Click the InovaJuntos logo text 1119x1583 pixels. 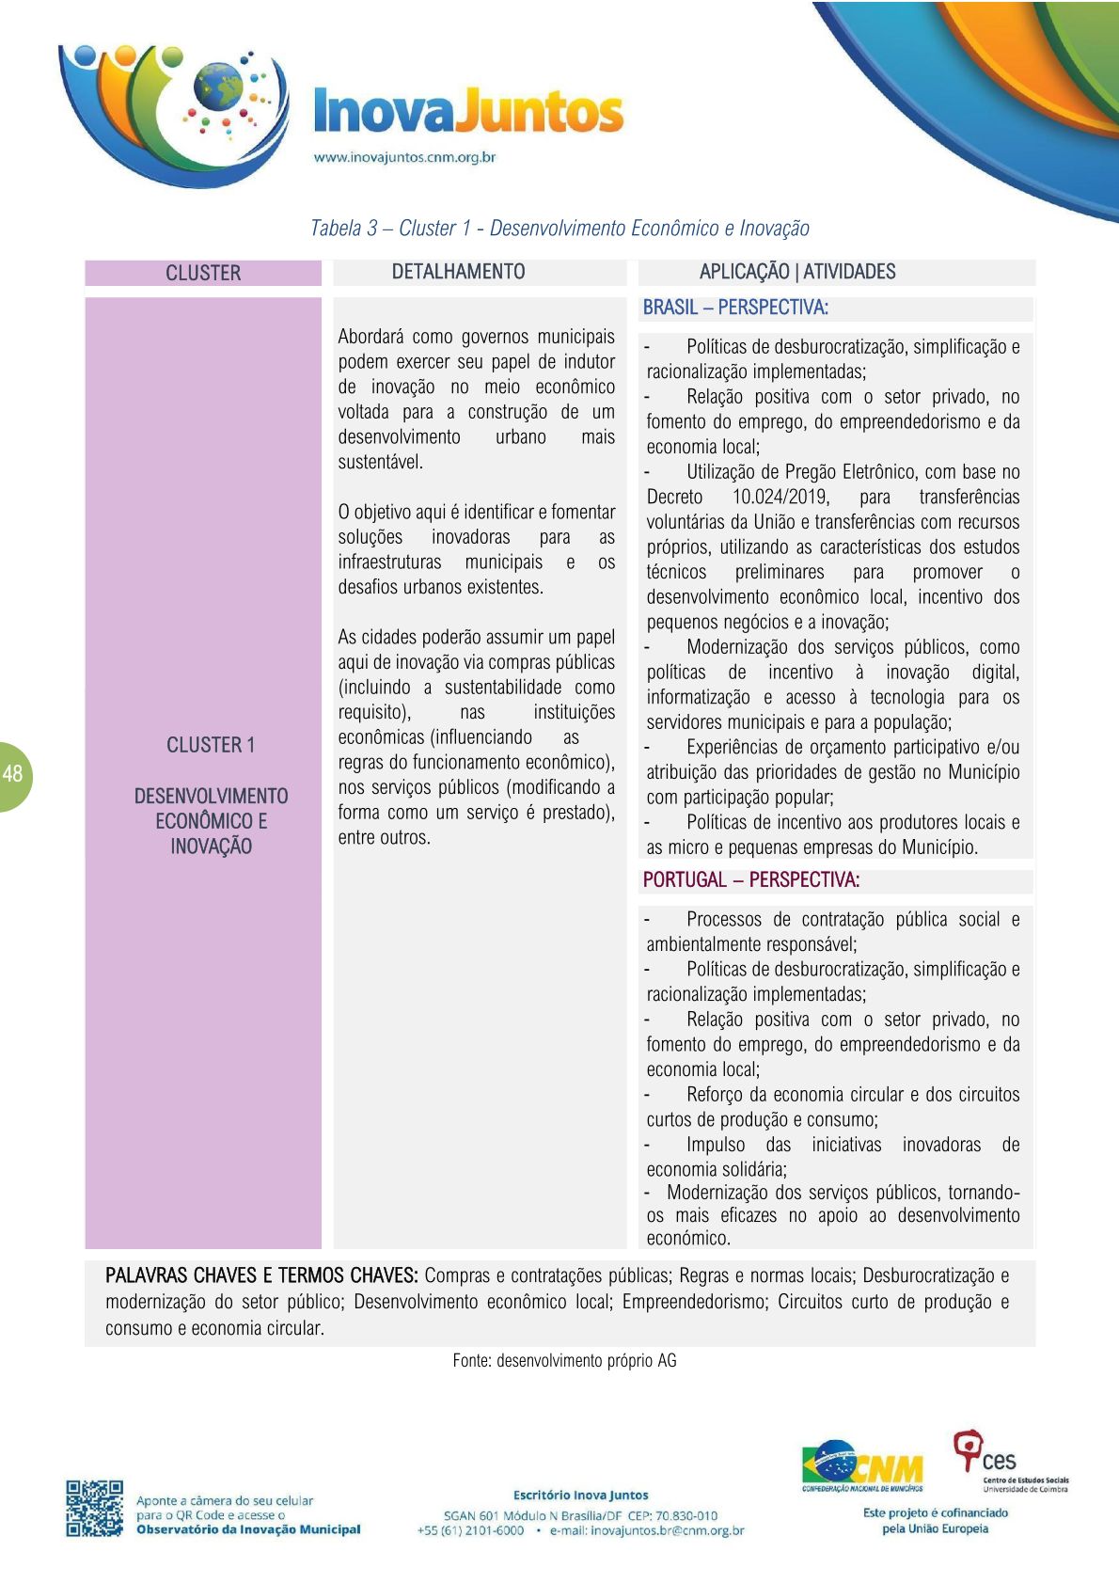pyautogui.click(x=467, y=112)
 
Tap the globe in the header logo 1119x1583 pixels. pyautogui.click(x=217, y=87)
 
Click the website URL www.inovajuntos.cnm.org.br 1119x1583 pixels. pyautogui.click(x=404, y=158)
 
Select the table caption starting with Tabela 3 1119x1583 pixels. pyautogui.click(x=559, y=229)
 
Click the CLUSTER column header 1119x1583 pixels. pyautogui.click(x=203, y=273)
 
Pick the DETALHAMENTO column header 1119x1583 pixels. pyautogui.click(x=458, y=272)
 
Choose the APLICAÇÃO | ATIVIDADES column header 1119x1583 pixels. pyautogui.click(x=797, y=272)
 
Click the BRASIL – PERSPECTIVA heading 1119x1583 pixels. pyautogui.click(x=735, y=308)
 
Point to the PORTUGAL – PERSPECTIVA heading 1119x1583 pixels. pyautogui.click(x=751, y=880)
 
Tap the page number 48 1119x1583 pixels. pyautogui.click(x=12, y=775)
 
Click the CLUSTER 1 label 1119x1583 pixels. pyautogui.click(x=211, y=745)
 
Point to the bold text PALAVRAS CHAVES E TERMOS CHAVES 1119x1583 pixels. pyautogui.click(x=261, y=1276)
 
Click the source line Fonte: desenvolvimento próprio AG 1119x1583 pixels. pyautogui.click(x=564, y=1360)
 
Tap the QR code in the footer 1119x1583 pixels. pyautogui.click(x=94, y=1509)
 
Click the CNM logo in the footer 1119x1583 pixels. pyautogui.click(x=862, y=1466)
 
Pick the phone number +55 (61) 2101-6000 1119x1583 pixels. pyautogui.click(x=470, y=1530)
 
